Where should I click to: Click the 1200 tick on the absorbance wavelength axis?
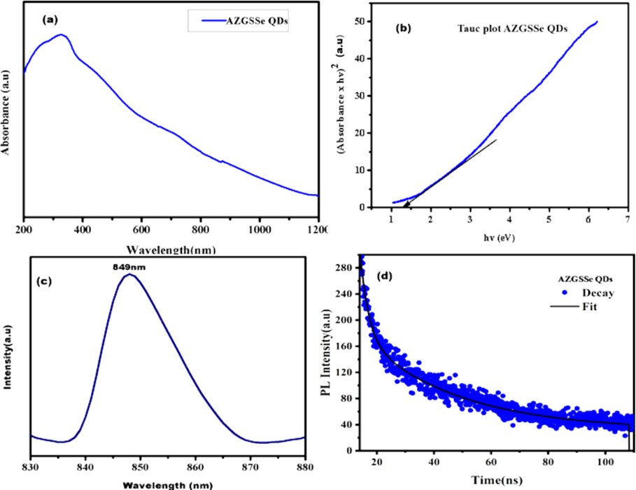click(x=318, y=229)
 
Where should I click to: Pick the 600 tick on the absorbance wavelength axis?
click(x=141, y=229)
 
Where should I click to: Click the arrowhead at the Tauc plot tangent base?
click(x=407, y=203)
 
